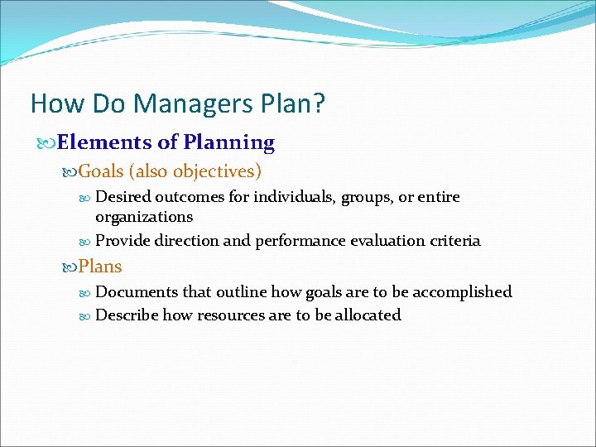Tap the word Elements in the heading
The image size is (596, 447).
107,142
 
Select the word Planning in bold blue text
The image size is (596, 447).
229,142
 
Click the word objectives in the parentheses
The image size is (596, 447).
217,171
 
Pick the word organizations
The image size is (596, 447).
144,217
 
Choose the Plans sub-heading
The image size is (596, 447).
100,267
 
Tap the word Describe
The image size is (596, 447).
127,315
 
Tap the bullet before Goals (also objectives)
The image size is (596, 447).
70,172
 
